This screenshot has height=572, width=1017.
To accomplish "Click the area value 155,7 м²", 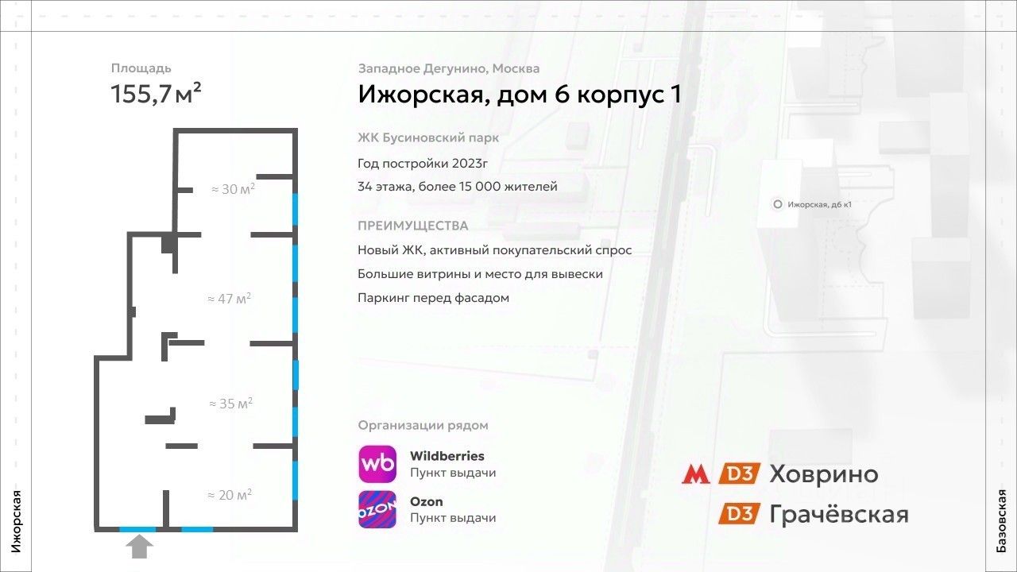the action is (x=156, y=94).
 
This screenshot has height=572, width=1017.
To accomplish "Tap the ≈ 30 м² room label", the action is (x=233, y=190).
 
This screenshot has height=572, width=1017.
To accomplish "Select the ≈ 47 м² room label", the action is (x=229, y=299).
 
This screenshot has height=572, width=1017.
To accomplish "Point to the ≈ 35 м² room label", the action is (x=230, y=404).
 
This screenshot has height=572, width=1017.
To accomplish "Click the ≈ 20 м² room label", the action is (x=230, y=495).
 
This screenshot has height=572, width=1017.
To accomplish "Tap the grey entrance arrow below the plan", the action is (x=141, y=547).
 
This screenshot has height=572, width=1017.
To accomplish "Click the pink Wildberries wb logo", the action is (x=377, y=464).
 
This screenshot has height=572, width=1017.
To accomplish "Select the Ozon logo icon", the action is (x=377, y=509).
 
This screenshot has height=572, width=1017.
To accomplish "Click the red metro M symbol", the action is (x=696, y=474).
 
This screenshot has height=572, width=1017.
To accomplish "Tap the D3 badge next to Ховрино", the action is (x=740, y=474).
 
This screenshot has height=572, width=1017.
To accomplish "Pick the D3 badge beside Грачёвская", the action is (x=740, y=514).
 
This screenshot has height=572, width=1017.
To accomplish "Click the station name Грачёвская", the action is (x=838, y=514).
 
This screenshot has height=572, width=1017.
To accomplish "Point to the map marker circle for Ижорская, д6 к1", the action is (x=777, y=204).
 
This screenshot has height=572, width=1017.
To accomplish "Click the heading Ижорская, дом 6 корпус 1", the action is (x=519, y=95).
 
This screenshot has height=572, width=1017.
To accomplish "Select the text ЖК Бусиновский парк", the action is (x=428, y=138).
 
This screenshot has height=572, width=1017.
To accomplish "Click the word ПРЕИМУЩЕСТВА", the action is (x=413, y=226).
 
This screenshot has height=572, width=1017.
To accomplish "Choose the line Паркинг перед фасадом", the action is (x=433, y=298).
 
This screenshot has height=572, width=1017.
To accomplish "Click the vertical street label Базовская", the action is (x=1002, y=521).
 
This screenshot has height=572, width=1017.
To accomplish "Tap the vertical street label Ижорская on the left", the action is (x=15, y=521).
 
